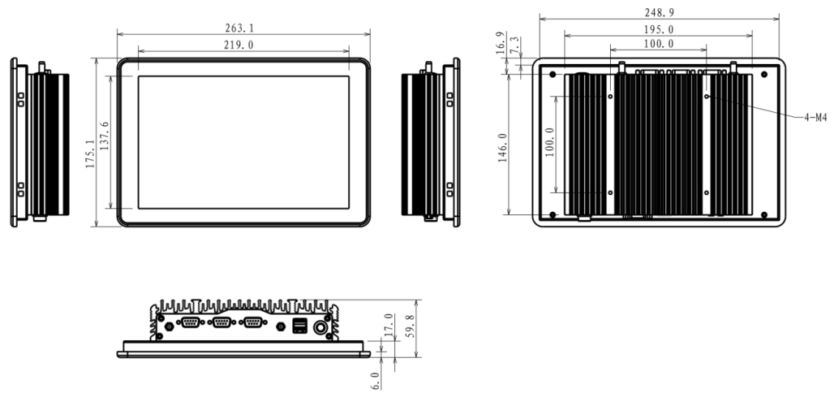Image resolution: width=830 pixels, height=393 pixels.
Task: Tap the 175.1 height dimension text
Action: [x=90, y=153]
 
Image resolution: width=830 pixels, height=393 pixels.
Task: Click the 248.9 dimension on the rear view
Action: [x=658, y=13]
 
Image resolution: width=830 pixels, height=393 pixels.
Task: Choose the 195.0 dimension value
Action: [x=658, y=29]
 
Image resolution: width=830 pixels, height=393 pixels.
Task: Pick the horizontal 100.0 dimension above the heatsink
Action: [x=658, y=44]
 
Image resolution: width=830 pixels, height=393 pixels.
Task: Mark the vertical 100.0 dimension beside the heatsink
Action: [x=549, y=141]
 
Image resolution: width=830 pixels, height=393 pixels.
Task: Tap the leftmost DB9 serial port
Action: [x=191, y=325]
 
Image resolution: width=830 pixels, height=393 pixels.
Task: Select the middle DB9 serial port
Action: [x=221, y=325]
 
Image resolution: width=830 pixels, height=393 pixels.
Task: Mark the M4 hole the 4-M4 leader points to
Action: [x=707, y=96]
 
